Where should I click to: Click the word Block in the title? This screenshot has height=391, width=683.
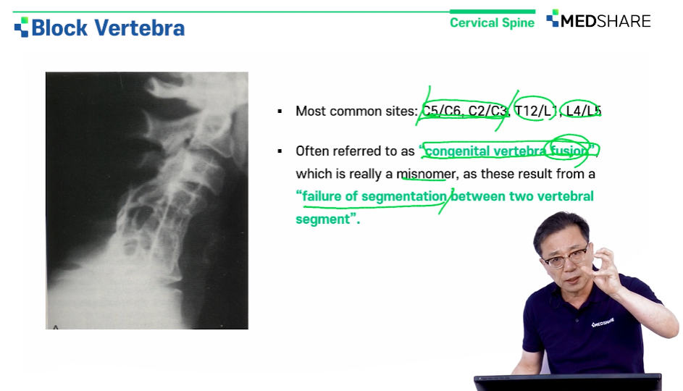(x=59, y=28)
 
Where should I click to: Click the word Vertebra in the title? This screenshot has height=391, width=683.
(x=139, y=28)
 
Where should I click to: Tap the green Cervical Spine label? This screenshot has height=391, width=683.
(x=492, y=22)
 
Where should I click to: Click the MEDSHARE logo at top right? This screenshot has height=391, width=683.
(x=598, y=20)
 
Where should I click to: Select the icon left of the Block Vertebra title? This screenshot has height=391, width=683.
(x=21, y=27)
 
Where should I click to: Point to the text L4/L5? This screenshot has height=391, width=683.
(x=583, y=111)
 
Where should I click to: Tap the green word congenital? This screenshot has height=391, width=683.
(x=457, y=151)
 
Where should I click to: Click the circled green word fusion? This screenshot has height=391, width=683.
(x=569, y=151)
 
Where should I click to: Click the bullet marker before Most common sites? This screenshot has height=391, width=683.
(x=280, y=112)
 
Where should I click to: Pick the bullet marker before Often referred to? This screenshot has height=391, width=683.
(x=280, y=151)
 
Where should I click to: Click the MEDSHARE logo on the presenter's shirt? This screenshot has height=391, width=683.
(x=603, y=323)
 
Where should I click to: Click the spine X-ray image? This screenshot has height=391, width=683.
(x=147, y=201)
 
